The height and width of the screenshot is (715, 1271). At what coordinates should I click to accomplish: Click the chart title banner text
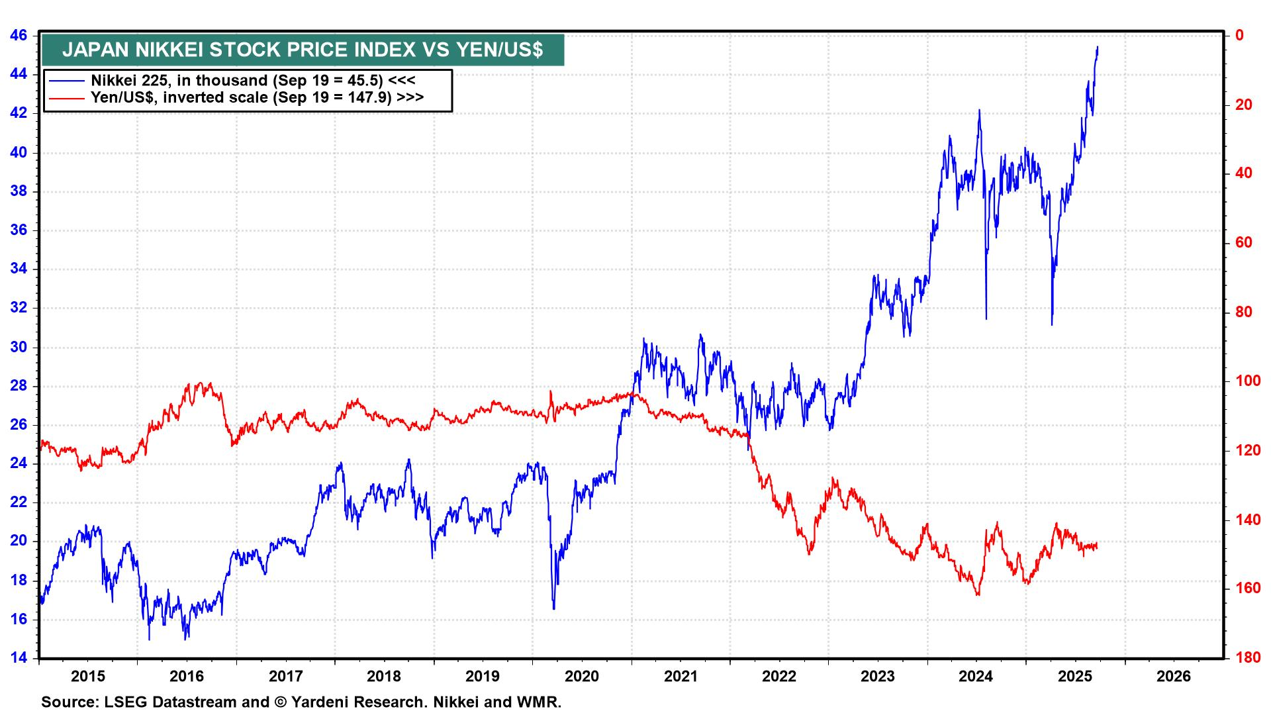pyautogui.click(x=303, y=50)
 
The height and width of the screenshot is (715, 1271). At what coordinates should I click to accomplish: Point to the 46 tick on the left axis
pyautogui.click(x=19, y=35)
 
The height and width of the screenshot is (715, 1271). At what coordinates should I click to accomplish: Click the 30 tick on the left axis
pyautogui.click(x=19, y=347)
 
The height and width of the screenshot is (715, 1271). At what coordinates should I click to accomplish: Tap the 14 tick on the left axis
pyautogui.click(x=19, y=658)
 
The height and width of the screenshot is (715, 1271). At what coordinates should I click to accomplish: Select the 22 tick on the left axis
pyautogui.click(x=19, y=502)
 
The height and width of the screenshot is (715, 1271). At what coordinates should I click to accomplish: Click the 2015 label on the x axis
pyautogui.click(x=88, y=677)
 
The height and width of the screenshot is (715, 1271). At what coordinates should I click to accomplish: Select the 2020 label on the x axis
pyautogui.click(x=581, y=677)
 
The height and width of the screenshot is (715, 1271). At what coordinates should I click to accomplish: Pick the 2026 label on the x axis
pyautogui.click(x=1173, y=677)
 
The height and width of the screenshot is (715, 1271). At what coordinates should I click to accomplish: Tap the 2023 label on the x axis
pyautogui.click(x=877, y=677)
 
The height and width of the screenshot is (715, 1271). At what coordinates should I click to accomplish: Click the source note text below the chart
pyautogui.click(x=301, y=702)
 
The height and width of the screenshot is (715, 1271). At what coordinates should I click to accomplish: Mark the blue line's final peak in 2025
pyautogui.click(x=1098, y=47)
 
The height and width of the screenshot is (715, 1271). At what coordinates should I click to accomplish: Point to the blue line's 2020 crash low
pyautogui.click(x=553, y=608)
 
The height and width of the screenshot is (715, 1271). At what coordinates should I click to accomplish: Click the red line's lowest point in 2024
pyautogui.click(x=978, y=595)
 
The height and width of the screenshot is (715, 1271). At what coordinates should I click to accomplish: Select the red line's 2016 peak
pyautogui.click(x=191, y=383)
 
